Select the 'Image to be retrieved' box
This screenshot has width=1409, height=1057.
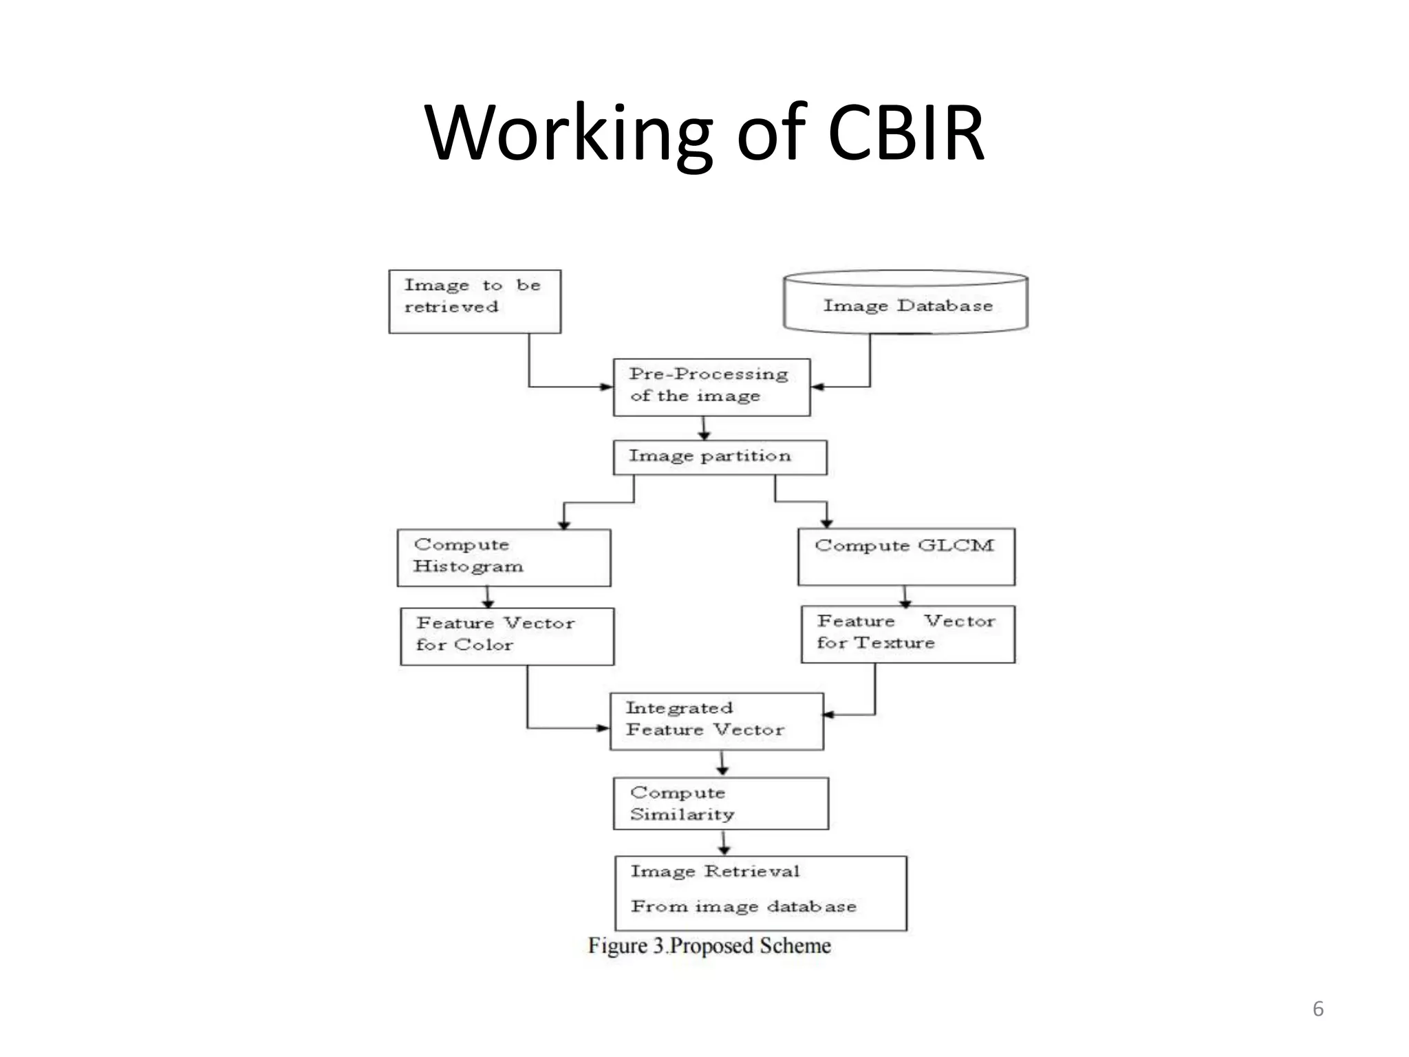pyautogui.click(x=475, y=301)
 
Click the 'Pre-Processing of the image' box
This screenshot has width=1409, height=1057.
pyautogui.click(x=711, y=387)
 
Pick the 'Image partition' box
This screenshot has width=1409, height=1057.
pyautogui.click(x=719, y=457)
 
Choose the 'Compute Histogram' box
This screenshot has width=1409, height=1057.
pyautogui.click(x=504, y=557)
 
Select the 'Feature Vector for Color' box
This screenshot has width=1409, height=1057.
pyautogui.click(x=507, y=636)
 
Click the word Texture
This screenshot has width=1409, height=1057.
pyautogui.click(x=894, y=643)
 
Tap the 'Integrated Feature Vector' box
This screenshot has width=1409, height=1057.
pyautogui.click(x=716, y=720)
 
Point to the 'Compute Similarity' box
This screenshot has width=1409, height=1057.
pyautogui.click(x=720, y=803)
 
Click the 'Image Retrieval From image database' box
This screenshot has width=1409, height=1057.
pyautogui.click(x=760, y=893)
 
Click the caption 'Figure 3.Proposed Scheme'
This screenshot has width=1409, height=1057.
pyautogui.click(x=709, y=946)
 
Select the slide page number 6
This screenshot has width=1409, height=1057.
pyautogui.click(x=1317, y=1009)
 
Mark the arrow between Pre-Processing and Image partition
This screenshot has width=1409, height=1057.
pyautogui.click(x=704, y=428)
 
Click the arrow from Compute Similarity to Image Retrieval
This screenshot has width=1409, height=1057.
pyautogui.click(x=723, y=842)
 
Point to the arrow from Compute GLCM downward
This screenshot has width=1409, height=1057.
pyautogui.click(x=905, y=596)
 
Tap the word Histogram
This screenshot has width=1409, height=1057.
pyautogui.click(x=468, y=566)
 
